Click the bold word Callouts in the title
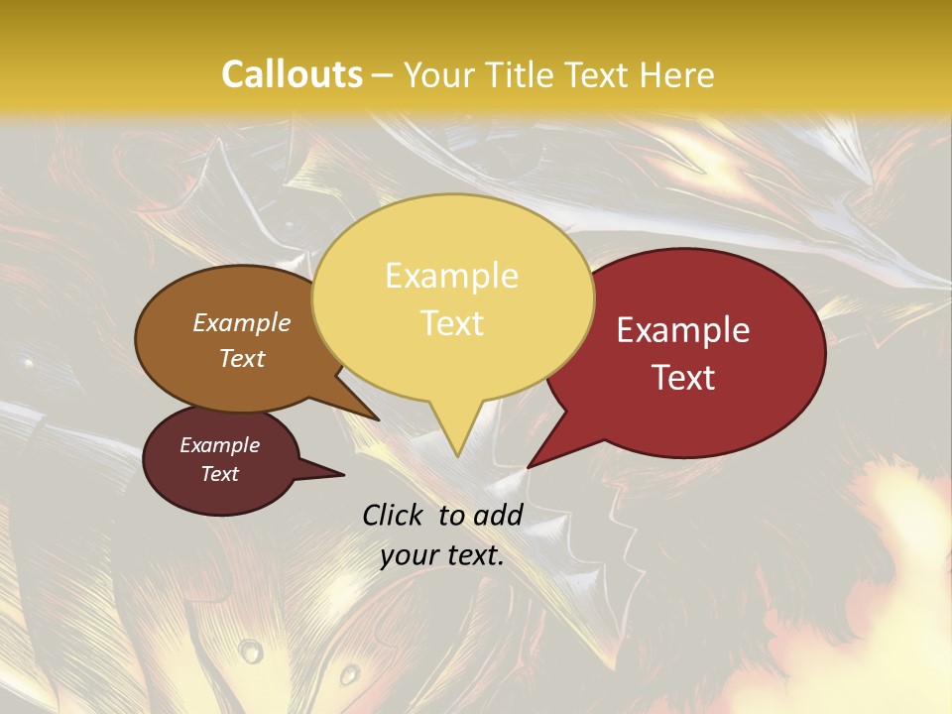click(x=292, y=74)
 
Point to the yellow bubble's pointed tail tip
click(x=456, y=456)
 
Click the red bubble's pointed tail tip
click(x=528, y=467)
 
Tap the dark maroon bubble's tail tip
click(x=343, y=475)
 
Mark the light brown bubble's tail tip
click(x=378, y=419)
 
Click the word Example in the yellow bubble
click(x=451, y=276)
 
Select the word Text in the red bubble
click(x=683, y=378)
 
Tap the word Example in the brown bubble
click(x=242, y=322)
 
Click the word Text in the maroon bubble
click(x=220, y=474)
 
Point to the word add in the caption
click(x=498, y=515)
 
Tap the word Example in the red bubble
click(x=683, y=330)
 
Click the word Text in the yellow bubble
click(x=451, y=323)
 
